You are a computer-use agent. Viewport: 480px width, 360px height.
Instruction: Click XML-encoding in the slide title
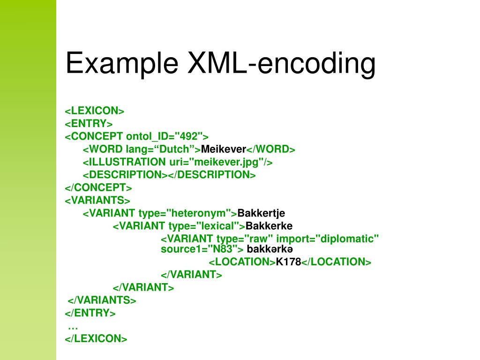282,63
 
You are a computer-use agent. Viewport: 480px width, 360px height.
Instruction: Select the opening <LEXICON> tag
94,111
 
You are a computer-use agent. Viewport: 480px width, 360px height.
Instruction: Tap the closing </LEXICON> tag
96,338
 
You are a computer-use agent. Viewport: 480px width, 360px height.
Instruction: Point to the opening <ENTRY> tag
89,124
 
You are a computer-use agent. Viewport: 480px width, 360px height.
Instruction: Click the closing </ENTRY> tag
90,313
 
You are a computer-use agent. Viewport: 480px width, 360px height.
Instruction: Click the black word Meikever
224,149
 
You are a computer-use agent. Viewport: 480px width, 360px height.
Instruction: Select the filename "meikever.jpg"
222,162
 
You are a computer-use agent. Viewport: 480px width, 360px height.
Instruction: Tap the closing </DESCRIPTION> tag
212,174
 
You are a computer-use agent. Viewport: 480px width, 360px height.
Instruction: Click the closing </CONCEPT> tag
98,187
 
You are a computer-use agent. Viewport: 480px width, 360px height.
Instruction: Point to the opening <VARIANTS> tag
97,200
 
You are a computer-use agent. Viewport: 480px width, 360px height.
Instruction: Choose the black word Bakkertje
261,213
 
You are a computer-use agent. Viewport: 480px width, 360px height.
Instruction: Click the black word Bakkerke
269,226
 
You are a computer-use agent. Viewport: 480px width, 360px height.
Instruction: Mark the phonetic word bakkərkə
270,249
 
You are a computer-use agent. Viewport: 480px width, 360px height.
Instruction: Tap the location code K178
288,262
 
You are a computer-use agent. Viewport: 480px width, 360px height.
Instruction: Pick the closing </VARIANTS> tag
102,300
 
